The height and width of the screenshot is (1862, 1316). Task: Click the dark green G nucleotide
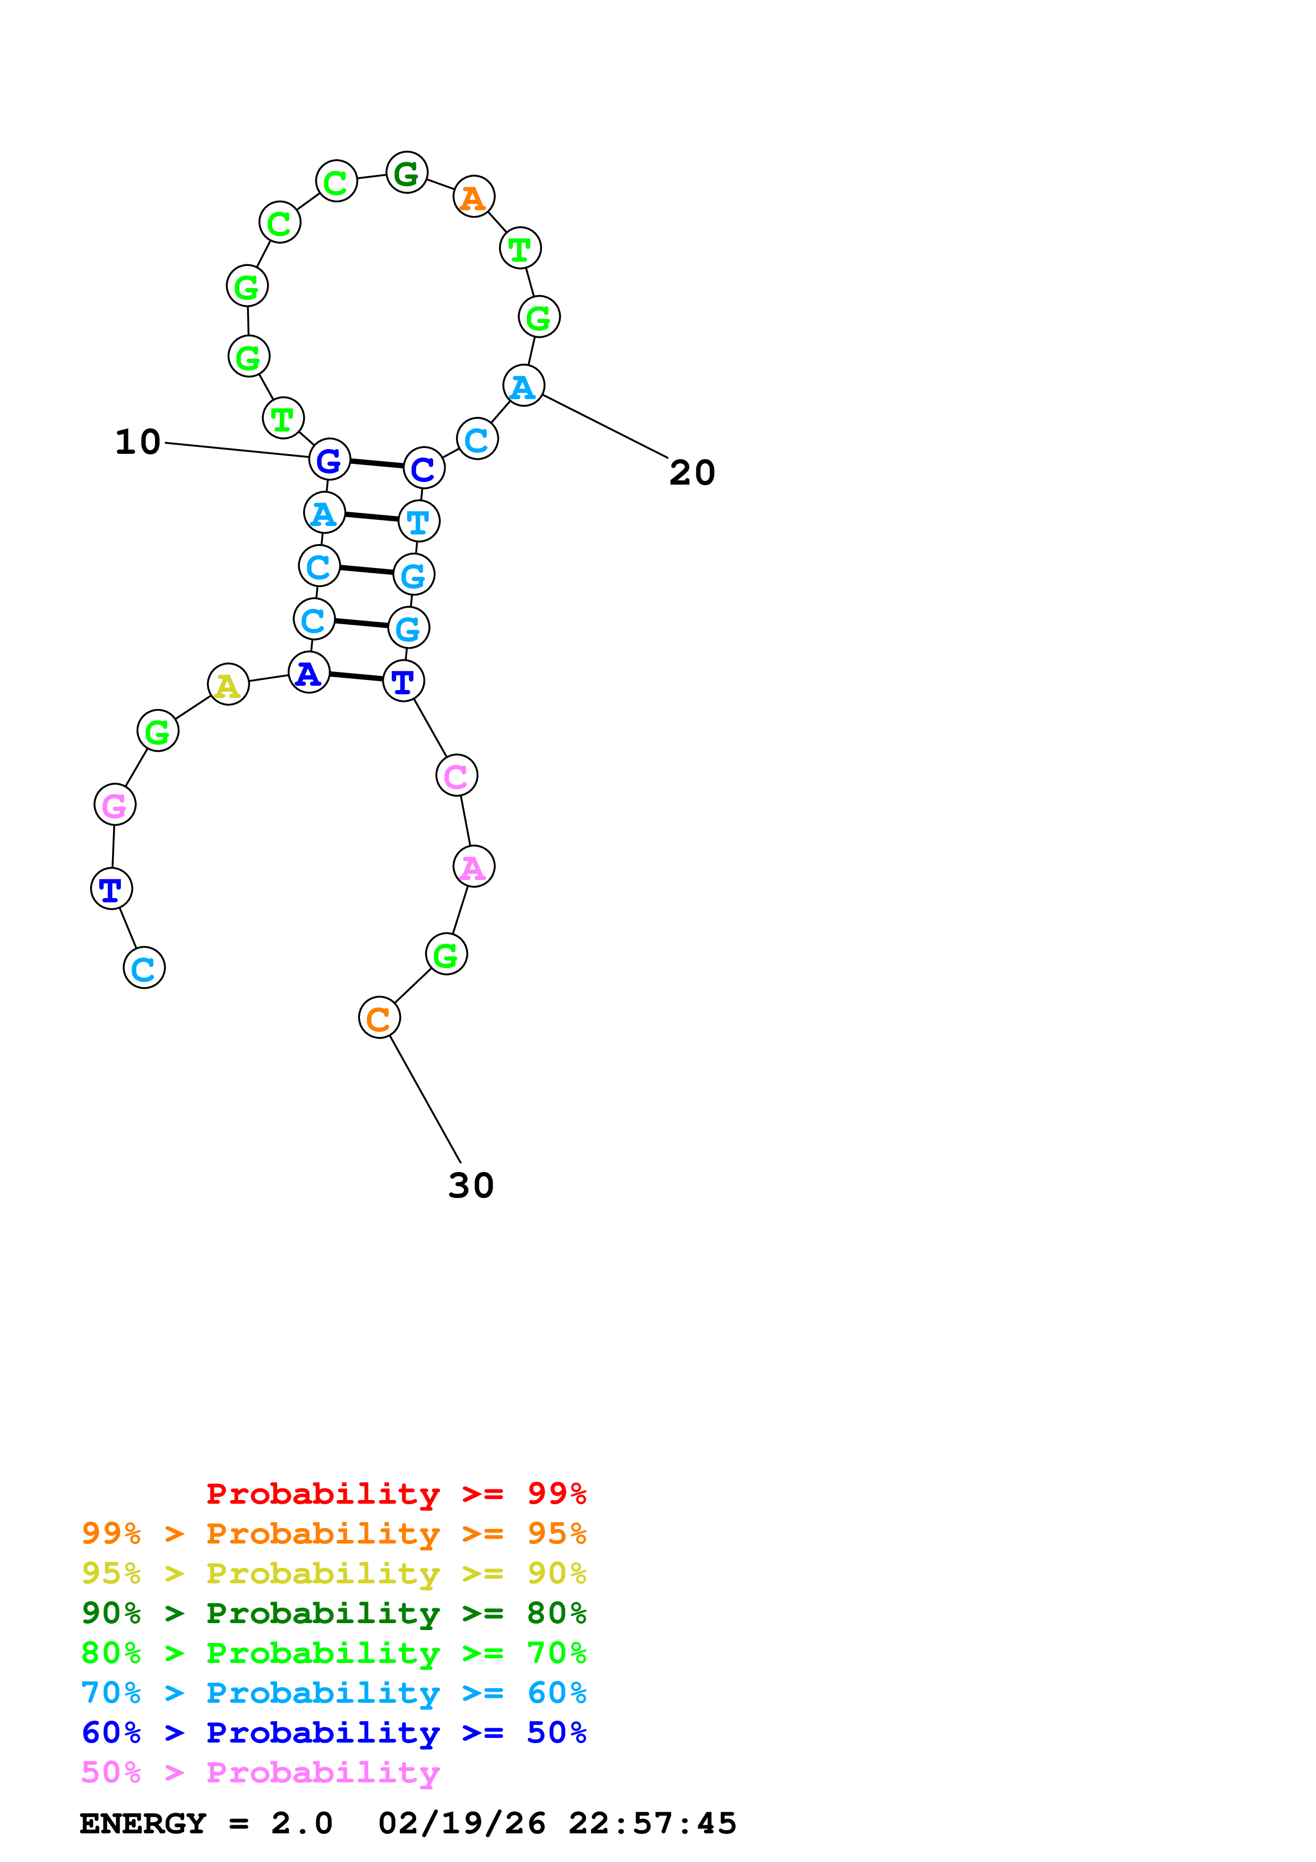tap(406, 173)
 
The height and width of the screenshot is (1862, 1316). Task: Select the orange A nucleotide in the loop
tap(474, 197)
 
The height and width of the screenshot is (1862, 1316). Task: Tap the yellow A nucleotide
tap(228, 685)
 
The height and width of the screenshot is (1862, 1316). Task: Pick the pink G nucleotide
tap(114, 805)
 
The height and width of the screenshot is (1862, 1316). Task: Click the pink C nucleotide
tap(457, 776)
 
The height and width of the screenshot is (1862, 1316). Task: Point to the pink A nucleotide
tap(474, 867)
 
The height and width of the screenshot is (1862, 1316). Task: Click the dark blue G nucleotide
tap(329, 460)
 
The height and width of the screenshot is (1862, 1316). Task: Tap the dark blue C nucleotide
tap(423, 468)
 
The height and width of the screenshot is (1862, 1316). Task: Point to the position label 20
tap(692, 473)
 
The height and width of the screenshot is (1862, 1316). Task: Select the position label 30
tap(470, 1186)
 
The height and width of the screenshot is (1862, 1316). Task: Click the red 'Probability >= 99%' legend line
tap(395, 1493)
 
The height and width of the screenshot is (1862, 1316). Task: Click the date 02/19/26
tap(461, 1824)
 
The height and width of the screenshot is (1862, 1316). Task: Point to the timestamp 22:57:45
tap(652, 1824)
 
